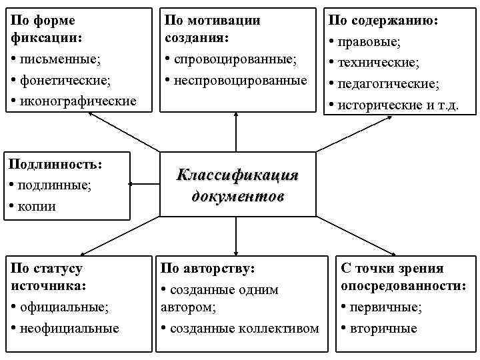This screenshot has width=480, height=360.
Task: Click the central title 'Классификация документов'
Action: click(237, 185)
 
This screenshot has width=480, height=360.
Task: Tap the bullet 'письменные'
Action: click(60, 59)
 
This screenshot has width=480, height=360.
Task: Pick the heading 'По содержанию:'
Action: click(383, 21)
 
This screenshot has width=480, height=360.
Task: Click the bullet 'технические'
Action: click(378, 63)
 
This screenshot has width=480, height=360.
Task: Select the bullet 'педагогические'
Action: click(388, 84)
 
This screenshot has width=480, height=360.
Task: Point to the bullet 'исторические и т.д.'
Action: click(398, 105)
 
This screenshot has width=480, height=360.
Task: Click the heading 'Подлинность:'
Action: click(57, 164)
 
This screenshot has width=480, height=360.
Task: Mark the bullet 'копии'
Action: click(37, 205)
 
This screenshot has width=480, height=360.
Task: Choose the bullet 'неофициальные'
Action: click(69, 328)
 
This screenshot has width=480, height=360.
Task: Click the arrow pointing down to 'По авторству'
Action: click(236, 235)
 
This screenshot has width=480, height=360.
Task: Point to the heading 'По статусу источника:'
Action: click(48, 277)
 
